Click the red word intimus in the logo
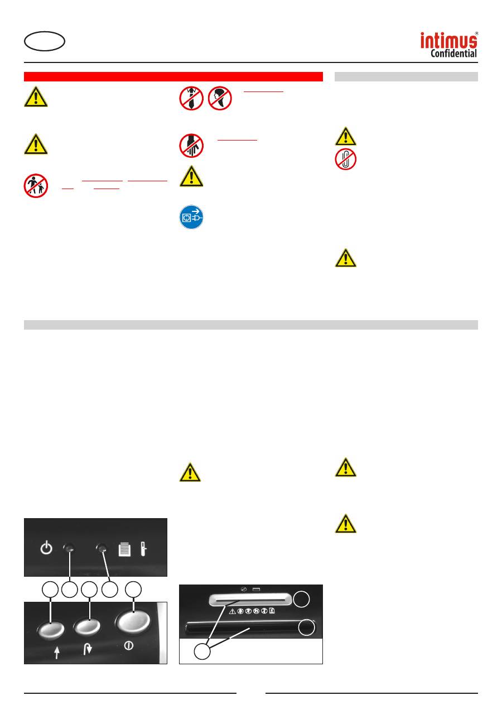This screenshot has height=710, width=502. point(448,40)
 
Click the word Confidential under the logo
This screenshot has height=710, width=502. point(453,53)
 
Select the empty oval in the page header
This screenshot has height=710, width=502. point(45,41)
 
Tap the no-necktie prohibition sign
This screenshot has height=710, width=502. point(191,98)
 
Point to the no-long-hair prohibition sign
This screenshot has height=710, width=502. point(220,98)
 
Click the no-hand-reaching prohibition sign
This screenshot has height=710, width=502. point(191,146)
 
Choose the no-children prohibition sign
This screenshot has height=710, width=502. point(36,185)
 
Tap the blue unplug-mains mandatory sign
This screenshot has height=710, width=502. point(191,217)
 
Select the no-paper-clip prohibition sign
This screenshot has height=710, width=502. point(345,159)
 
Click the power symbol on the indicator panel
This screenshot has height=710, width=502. point(46,547)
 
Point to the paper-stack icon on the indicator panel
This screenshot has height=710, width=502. point(124,549)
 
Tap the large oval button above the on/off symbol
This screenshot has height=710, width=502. point(133,621)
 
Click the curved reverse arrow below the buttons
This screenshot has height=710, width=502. point(88,649)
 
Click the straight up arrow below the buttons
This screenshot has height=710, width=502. point(57,653)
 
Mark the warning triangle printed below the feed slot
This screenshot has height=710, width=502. point(232,611)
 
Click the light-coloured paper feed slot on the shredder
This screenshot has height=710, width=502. point(250,599)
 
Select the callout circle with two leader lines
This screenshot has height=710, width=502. point(202,651)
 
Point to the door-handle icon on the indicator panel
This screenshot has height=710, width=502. point(143,549)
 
